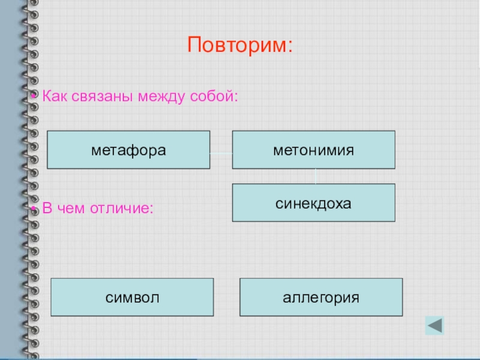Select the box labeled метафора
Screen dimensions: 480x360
128,149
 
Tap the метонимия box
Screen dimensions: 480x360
314,149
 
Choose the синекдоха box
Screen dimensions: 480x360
314,203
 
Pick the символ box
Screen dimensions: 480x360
133,297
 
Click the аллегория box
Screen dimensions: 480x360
322,297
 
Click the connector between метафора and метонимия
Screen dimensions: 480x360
221,153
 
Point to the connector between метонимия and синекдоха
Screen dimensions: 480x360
316,176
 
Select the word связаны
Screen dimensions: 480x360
101,96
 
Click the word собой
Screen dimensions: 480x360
212,96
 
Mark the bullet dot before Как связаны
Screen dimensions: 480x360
36,97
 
